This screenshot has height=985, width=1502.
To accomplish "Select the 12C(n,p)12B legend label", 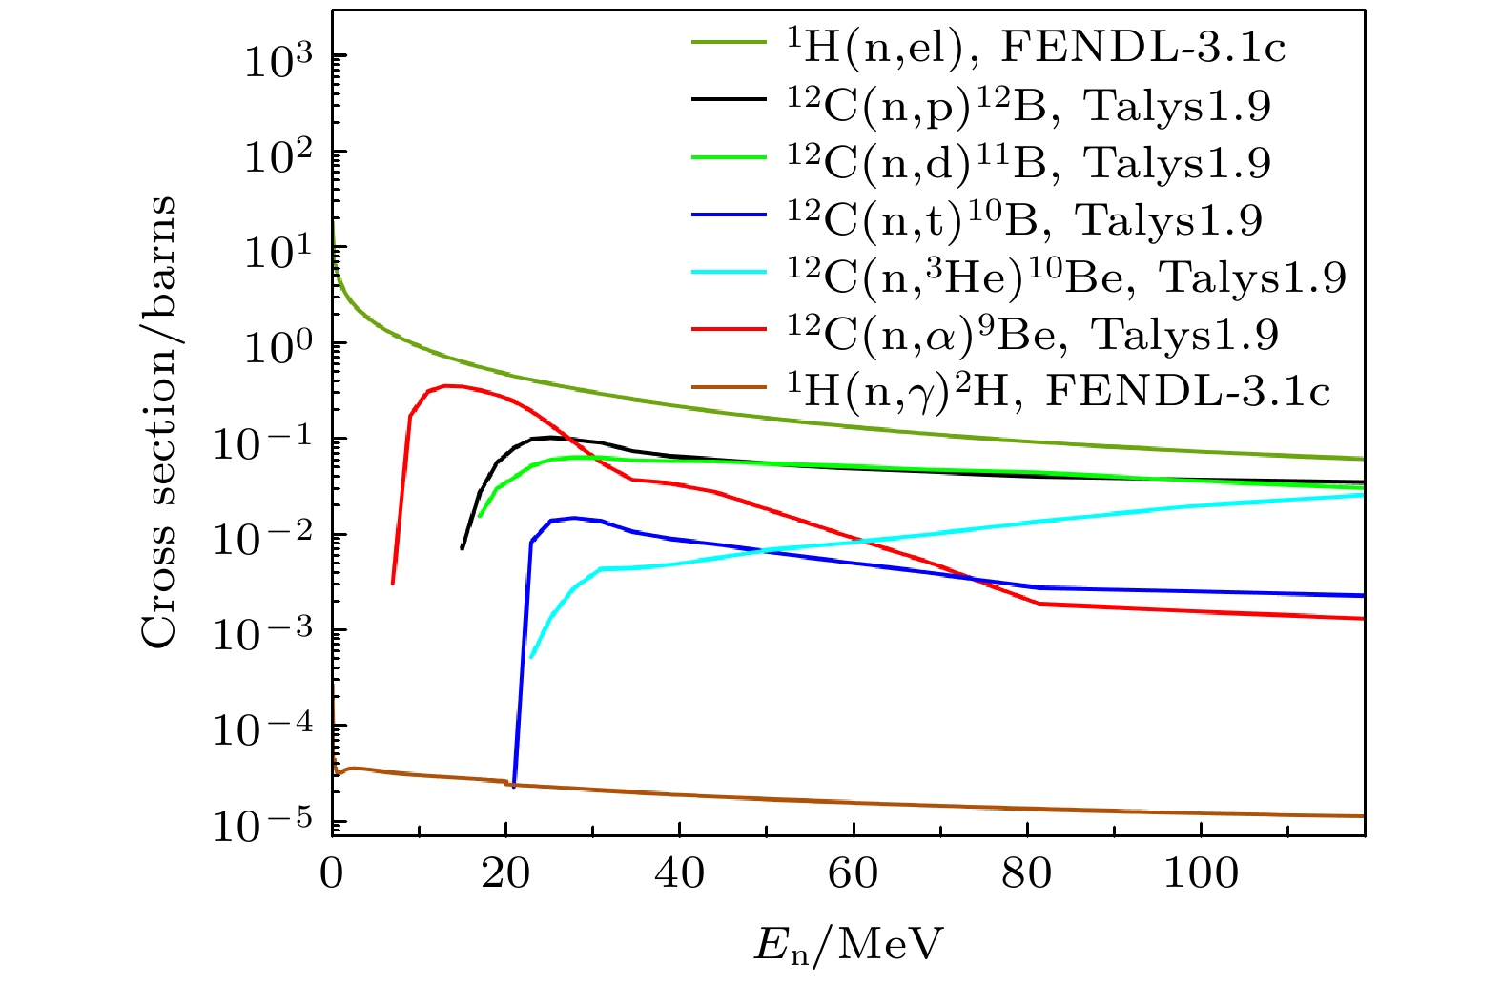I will (1029, 106).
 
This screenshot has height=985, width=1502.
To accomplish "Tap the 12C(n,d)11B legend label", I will (1029, 163).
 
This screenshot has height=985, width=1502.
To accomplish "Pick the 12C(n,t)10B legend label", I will (1025, 220).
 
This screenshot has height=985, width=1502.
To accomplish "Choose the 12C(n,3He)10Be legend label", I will (1067, 277).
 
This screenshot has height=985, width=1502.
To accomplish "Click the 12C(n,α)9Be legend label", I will (1033, 334).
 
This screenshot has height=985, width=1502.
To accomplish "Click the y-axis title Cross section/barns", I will (159, 422).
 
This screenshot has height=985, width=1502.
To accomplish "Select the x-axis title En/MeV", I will (848, 945).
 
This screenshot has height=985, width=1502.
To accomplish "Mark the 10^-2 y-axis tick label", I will (265, 538).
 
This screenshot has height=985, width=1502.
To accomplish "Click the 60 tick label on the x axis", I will (853, 872).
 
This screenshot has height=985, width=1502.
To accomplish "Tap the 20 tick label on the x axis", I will (505, 872).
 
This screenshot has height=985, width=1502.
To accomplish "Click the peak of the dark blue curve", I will (572, 518).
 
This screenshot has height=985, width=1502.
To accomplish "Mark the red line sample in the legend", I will (729, 330).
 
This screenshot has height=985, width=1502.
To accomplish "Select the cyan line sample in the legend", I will (729, 273).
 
